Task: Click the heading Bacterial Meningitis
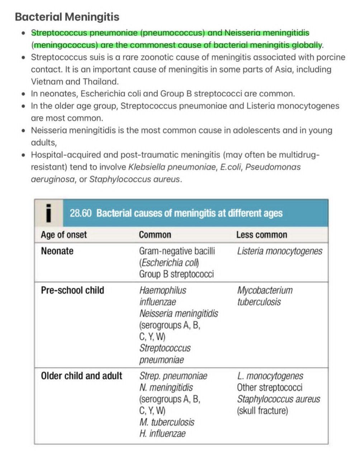pyautogui.click(x=67, y=17)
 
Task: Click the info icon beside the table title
pyautogui.click(x=49, y=213)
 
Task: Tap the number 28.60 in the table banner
pyautogui.click(x=81, y=213)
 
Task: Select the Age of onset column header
pyautogui.click(x=64, y=235)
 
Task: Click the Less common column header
pyautogui.click(x=261, y=235)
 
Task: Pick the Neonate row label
pyautogui.click(x=57, y=251)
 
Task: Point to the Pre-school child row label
pyautogui.click(x=72, y=290)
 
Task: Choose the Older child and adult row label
pyautogui.click(x=81, y=376)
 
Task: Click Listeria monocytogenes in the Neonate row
pyautogui.click(x=279, y=251)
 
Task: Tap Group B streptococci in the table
pyautogui.click(x=176, y=274)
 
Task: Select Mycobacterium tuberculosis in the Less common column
pyautogui.click(x=265, y=296)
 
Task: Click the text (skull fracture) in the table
pyautogui.click(x=262, y=410)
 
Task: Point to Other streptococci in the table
pyautogui.click(x=269, y=387)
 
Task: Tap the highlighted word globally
pyautogui.click(x=307, y=45)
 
